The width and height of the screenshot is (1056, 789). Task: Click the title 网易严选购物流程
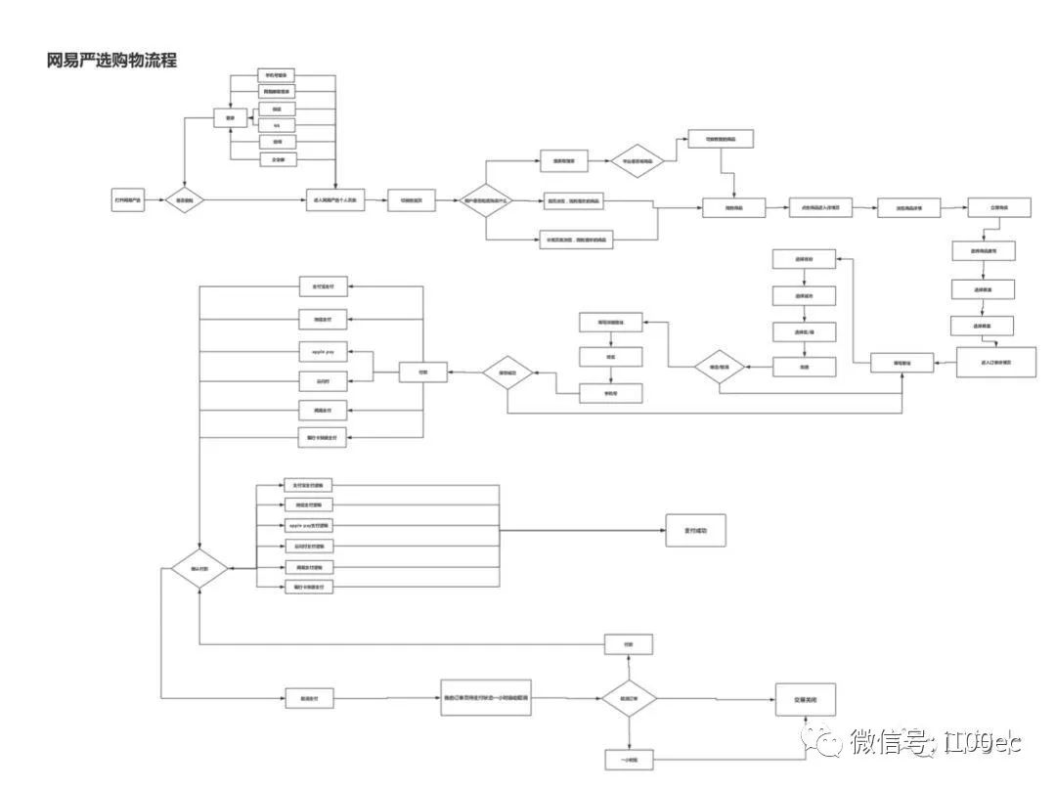coord(111,61)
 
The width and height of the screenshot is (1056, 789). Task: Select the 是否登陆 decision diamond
coord(185,200)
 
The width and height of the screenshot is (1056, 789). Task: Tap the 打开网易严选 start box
coord(128,200)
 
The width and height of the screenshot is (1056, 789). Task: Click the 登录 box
coord(231,118)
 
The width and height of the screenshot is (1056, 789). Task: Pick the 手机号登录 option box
coord(277,75)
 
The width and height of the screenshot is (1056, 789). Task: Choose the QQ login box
coord(277,124)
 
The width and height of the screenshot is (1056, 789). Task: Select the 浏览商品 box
coord(734,207)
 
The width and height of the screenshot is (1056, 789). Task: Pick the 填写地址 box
coord(902,363)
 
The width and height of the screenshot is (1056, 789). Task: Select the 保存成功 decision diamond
coord(507,372)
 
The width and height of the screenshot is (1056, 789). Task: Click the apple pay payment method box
coord(324,349)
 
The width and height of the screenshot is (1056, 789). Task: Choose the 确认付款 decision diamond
coord(199,568)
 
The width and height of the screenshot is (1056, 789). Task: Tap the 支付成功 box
coord(695,530)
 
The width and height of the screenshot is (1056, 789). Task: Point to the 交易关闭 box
coord(806,699)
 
